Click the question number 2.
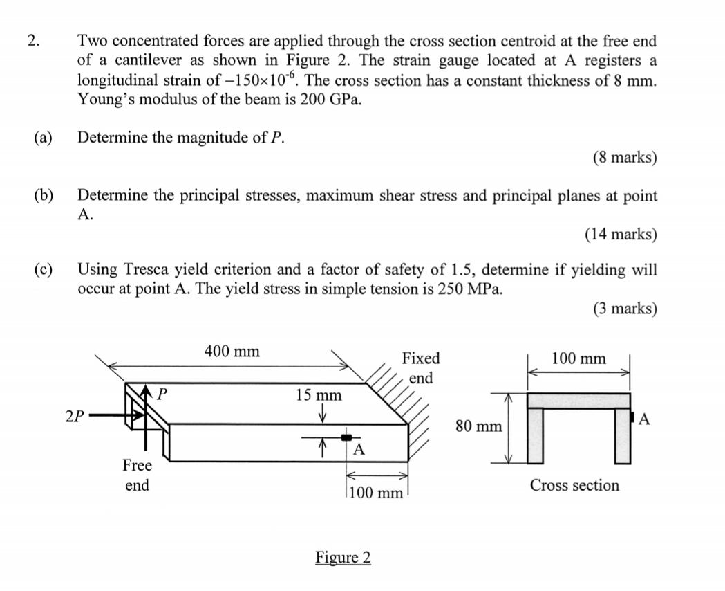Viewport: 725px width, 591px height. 32,41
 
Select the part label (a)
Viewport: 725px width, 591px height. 43,138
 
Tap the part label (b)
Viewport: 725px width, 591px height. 43,196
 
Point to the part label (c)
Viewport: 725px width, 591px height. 43,269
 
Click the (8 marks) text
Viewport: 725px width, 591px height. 624,158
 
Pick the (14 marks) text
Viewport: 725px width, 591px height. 620,235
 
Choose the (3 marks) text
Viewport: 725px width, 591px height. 624,309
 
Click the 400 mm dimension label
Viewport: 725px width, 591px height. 232,352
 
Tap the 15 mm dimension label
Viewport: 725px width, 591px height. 319,395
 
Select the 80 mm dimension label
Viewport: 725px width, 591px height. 479,426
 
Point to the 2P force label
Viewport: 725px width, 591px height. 75,417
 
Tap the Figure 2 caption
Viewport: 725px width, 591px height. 343,558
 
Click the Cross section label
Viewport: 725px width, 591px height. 574,486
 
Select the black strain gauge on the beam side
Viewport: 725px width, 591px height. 347,437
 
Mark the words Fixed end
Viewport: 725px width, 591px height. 420,367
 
